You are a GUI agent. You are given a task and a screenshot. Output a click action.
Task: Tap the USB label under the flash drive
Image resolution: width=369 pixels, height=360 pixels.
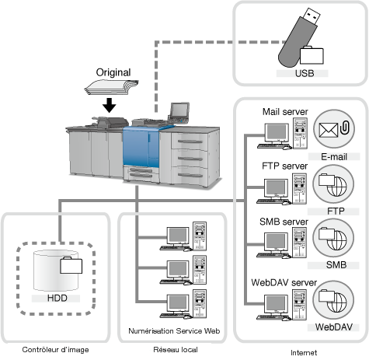coord(305,73)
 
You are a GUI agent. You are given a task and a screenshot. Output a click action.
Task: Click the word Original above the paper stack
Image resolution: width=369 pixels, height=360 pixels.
coord(113,72)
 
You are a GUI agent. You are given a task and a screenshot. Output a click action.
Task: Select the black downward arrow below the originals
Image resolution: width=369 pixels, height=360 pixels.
coord(109,105)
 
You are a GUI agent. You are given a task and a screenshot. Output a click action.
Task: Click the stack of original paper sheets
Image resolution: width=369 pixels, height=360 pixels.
coord(111,88)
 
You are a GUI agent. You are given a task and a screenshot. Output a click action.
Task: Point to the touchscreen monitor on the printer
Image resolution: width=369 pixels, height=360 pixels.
coord(179,110)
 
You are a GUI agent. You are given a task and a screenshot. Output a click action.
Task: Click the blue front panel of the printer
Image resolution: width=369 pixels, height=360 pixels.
coord(141,148)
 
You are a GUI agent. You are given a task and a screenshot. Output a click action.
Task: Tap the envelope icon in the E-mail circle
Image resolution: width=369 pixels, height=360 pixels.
coord(329,130)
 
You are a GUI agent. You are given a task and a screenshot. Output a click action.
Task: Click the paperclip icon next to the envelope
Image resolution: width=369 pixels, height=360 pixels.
coord(345,128)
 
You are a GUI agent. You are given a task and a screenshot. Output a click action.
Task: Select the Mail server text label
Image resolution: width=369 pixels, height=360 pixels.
coord(285,112)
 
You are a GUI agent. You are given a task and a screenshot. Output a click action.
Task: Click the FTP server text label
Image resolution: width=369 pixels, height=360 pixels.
coord(284,166)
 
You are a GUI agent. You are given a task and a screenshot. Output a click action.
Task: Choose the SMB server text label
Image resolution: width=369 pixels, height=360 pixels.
coord(284,222)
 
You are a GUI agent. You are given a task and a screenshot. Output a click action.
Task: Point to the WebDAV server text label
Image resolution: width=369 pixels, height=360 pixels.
coord(284,282)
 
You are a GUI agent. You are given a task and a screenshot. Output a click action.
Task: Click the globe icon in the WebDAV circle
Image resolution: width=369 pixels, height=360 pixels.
coord(337,302)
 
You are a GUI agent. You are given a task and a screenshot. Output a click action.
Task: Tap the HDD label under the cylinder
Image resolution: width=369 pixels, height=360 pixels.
coord(57,298)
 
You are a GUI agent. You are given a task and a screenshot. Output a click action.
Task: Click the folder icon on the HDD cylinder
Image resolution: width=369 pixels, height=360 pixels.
coord(71,265)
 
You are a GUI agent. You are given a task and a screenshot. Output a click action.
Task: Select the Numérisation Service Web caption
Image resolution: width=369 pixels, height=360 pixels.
coord(174,331)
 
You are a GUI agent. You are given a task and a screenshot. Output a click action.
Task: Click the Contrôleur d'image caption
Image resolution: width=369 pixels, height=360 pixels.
coord(55,350)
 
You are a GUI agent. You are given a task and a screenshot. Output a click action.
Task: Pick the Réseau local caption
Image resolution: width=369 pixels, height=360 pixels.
coord(176,350)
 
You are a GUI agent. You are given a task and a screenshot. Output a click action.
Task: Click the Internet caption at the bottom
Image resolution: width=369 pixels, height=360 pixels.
coord(304,352)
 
